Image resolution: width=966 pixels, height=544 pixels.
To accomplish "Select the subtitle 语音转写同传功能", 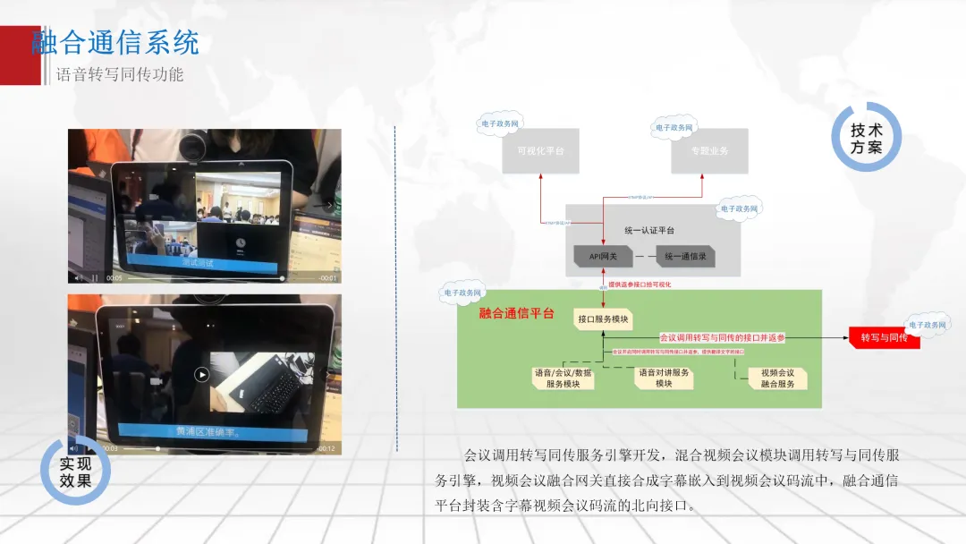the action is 120,75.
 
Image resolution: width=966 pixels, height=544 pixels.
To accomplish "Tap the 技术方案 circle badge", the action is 866,138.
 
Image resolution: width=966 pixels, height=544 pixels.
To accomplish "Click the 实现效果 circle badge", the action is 75,472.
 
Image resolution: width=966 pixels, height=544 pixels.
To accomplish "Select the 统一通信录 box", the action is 684,257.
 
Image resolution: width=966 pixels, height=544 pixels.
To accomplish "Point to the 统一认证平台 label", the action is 649,231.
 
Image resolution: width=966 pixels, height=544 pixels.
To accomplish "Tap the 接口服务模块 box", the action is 603,319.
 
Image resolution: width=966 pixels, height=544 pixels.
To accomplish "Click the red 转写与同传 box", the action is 883,337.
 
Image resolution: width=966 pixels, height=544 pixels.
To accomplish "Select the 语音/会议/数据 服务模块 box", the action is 563,378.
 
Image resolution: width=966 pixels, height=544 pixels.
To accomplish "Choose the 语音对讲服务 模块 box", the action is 663,378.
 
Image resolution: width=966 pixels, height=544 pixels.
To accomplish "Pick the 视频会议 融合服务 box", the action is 777,378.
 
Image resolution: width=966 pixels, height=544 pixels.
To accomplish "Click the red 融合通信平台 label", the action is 516,314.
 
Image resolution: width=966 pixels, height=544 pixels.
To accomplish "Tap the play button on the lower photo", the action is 203,375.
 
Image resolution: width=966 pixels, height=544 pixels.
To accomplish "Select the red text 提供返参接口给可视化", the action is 640,285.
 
